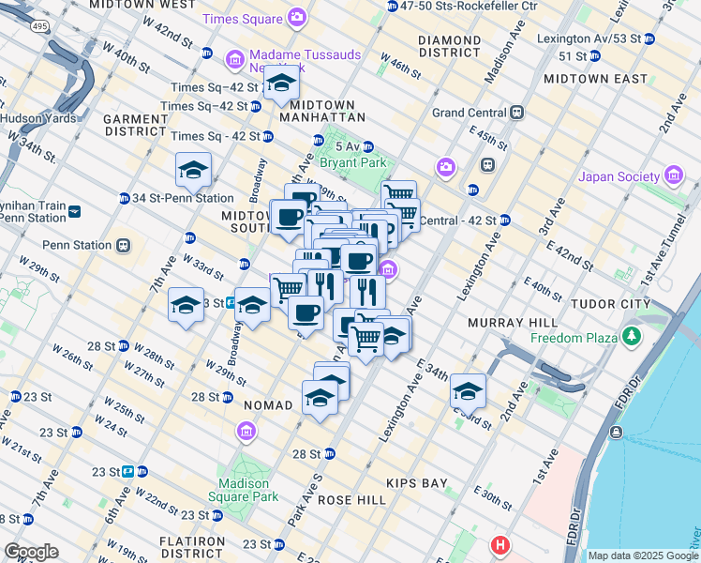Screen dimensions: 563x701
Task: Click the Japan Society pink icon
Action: [x=673, y=175]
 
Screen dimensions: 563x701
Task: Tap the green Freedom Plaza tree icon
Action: [x=633, y=337]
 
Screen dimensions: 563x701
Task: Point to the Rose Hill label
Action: [x=351, y=500]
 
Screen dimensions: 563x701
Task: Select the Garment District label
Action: [x=135, y=126]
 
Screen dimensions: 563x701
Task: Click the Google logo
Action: [x=31, y=552]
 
